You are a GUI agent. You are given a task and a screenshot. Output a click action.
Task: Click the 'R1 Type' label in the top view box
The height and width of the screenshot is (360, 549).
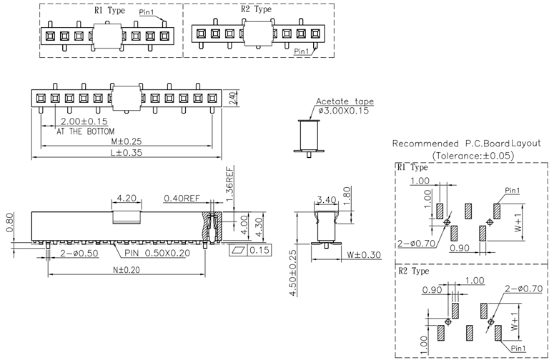108,11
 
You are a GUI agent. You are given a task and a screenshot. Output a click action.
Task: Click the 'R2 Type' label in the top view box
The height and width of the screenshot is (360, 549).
255,10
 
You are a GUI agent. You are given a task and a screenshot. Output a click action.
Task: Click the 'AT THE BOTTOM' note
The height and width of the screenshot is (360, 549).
84,132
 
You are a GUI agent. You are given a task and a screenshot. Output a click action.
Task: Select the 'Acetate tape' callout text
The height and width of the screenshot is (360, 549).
345,101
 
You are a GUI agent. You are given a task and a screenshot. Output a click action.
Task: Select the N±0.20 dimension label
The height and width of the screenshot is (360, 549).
126,270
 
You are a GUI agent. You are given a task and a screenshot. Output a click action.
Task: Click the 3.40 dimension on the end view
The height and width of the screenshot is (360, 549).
326,199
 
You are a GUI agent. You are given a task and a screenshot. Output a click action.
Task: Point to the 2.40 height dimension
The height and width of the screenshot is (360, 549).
232,98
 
